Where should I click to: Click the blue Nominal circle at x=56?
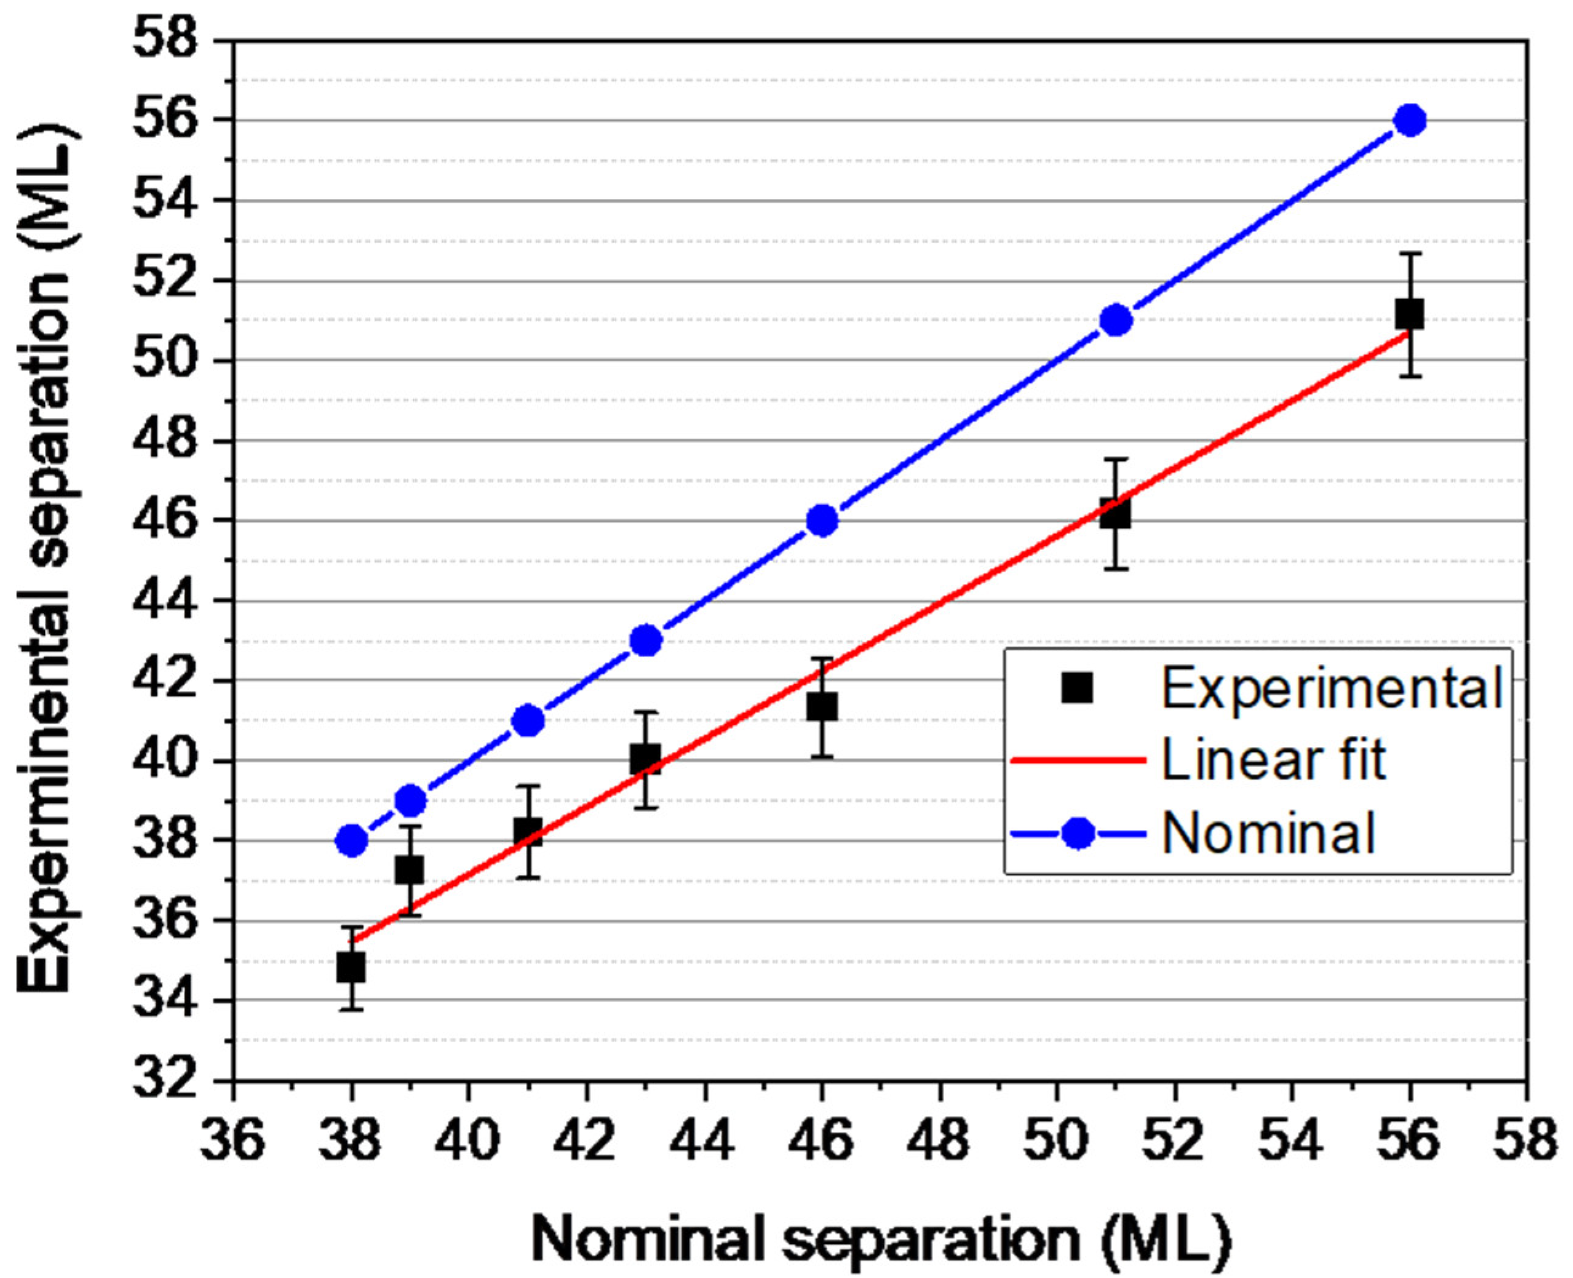click(x=1410, y=120)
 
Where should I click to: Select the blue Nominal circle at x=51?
click(x=1116, y=320)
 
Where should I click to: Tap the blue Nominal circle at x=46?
click(x=822, y=521)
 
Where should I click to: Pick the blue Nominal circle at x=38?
click(x=352, y=841)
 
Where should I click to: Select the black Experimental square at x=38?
click(x=351, y=967)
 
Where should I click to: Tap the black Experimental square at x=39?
click(x=410, y=870)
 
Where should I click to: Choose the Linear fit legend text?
click(x=1273, y=760)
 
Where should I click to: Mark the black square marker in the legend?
click(x=1077, y=689)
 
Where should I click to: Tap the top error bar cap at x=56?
click(x=1410, y=253)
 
